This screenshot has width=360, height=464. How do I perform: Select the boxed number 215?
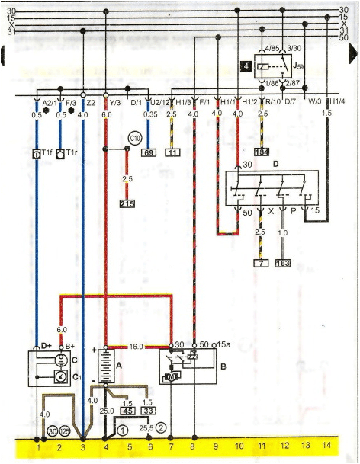(127, 205)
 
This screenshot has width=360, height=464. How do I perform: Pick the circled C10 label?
(135, 138)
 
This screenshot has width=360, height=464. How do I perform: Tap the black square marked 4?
(246, 66)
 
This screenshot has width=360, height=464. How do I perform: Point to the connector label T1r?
(72, 153)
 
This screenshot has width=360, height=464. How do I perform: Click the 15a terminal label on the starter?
(223, 344)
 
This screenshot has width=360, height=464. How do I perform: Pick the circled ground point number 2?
(161, 428)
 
